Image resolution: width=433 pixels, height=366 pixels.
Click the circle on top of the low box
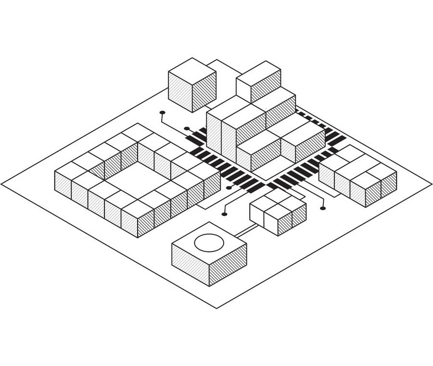coord(209,242)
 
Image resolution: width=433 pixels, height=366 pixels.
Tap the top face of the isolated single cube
coord(192,71)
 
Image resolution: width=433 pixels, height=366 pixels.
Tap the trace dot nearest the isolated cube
coord(162,113)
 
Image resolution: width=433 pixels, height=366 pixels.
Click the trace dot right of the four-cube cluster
coord(323,208)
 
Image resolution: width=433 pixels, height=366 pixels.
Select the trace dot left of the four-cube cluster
coord(224,214)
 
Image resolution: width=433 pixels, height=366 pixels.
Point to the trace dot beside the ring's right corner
coord(229,188)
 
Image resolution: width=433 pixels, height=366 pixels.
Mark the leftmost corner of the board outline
coord(2,184)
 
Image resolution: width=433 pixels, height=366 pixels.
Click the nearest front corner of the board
coord(216,308)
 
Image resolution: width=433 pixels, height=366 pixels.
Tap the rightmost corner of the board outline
coord(431,184)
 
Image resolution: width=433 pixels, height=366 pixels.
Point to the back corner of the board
coord(217,60)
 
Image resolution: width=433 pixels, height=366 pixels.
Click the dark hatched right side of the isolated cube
coord(204,92)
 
